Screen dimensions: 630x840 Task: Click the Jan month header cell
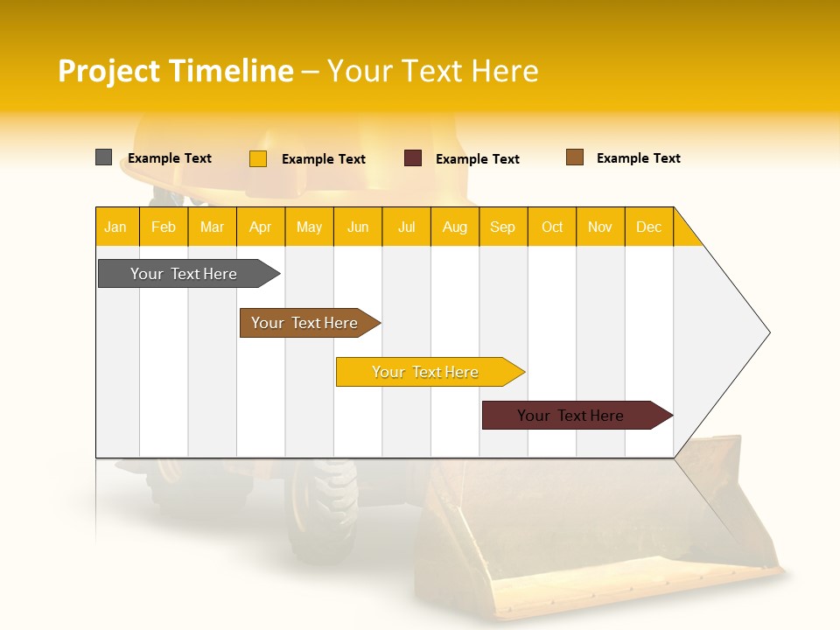coord(116,227)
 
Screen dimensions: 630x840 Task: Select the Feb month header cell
coord(164,227)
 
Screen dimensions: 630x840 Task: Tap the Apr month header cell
coord(261,227)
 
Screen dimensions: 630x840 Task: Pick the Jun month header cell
coord(358,227)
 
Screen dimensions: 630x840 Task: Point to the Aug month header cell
coord(455,227)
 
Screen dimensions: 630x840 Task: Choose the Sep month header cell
coord(503,227)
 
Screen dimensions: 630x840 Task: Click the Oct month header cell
coord(552,227)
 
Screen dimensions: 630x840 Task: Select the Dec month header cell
coord(649,227)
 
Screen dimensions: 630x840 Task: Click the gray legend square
coord(104,157)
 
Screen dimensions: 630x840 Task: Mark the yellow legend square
coord(258,158)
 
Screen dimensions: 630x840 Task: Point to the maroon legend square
coord(413,158)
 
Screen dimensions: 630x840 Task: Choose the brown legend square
coord(575,157)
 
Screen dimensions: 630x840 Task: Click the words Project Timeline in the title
coord(176,71)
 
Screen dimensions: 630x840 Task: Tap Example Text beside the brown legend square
coord(638,158)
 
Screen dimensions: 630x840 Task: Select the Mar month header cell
coord(212,227)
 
